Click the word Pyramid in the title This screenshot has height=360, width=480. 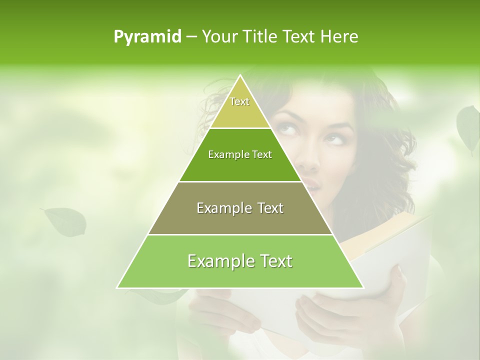click(147, 36)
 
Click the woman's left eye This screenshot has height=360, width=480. click(285, 129)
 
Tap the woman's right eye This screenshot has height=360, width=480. click(336, 139)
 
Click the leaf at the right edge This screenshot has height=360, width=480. click(468, 127)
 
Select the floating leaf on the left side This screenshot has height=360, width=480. click(65, 222)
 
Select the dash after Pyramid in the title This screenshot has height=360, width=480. click(191, 37)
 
